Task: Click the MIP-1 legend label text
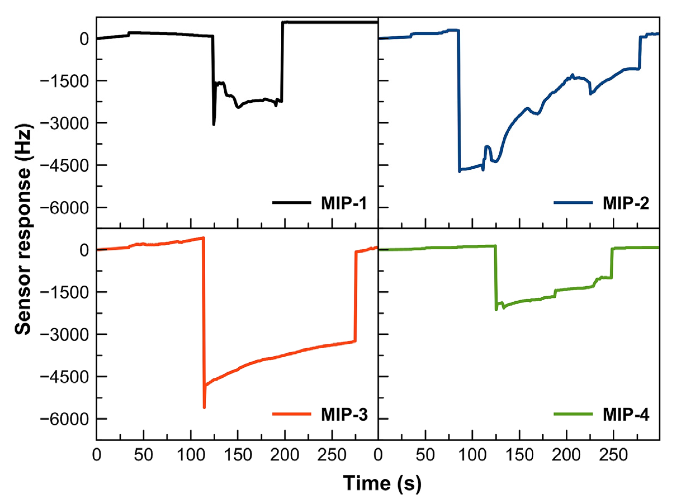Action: click(x=344, y=203)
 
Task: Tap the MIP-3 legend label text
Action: click(x=344, y=414)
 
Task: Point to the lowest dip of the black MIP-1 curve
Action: click(x=214, y=124)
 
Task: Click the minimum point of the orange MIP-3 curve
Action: click(x=204, y=408)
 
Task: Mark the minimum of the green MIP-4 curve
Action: click(x=496, y=309)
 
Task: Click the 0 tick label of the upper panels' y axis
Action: click(x=84, y=39)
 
